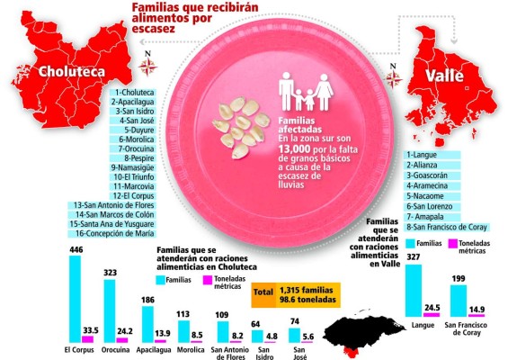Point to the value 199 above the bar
pos(459,281)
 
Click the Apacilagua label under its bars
pos(162,347)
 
